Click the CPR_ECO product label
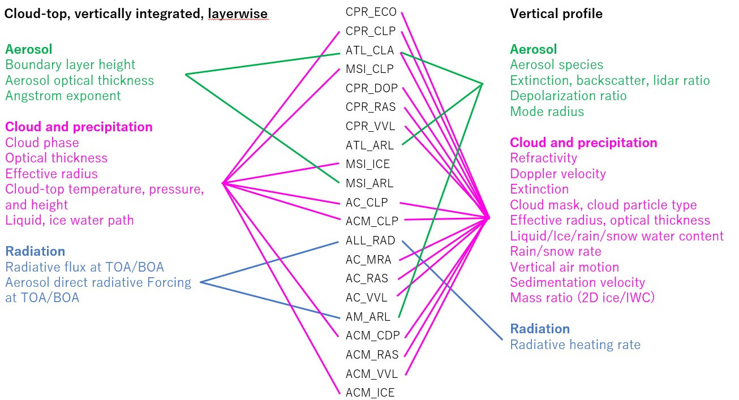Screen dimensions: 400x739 (371, 12)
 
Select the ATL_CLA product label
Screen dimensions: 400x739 (370, 50)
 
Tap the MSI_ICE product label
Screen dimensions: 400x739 (368, 164)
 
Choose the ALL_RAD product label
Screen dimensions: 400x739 (371, 240)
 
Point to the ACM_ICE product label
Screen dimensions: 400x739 (370, 393)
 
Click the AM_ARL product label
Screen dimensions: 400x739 (368, 317)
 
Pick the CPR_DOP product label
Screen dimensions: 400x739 (372, 88)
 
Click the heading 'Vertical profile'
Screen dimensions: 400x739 (556, 14)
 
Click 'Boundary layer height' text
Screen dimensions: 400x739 (70, 64)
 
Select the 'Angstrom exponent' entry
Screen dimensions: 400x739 (63, 96)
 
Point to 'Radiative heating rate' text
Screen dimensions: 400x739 (575, 345)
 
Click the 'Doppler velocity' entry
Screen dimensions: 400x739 (558, 174)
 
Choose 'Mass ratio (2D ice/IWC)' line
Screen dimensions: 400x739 (582, 298)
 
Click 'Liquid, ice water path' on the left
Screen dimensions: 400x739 (70, 220)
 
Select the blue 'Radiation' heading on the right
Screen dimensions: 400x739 (540, 329)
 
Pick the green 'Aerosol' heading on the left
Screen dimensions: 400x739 (28, 49)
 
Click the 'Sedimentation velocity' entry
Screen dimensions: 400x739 (577, 282)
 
